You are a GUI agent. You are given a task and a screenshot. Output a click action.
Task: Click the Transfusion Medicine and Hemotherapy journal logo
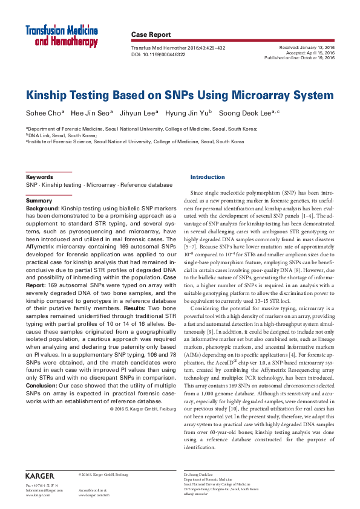tap(61, 36)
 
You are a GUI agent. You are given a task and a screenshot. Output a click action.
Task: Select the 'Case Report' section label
tap(151, 35)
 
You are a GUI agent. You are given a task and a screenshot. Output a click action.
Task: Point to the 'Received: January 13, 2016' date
tap(307, 46)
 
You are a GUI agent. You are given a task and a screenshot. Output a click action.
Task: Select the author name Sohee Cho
tap(40, 112)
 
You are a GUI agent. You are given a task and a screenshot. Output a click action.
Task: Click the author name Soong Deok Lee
tap(240, 112)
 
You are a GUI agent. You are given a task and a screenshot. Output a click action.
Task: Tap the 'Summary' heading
tap(39, 200)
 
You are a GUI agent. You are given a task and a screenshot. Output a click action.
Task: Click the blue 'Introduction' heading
tap(208, 177)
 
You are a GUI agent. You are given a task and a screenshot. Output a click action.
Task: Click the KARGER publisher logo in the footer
tap(40, 475)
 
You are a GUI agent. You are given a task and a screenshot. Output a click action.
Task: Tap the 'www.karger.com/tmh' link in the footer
tap(94, 494)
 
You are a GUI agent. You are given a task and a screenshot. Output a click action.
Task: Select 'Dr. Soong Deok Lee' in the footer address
tap(199, 475)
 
